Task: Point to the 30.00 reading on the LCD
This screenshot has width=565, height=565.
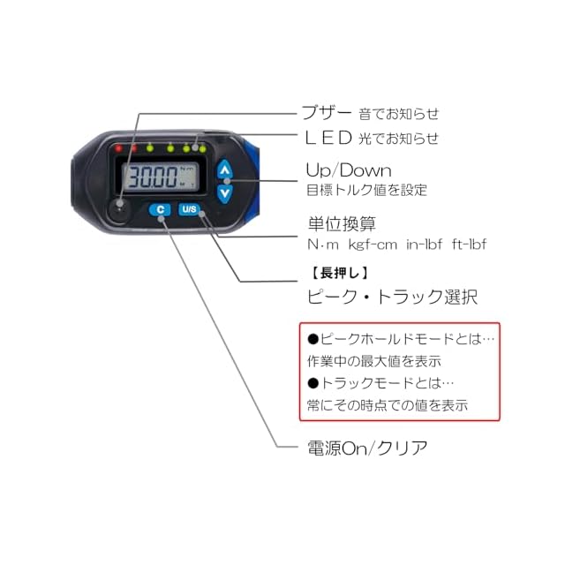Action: pyautogui.click(x=152, y=177)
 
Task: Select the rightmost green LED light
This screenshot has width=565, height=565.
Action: pyautogui.click(x=203, y=147)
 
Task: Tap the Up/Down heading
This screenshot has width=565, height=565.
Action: pyautogui.click(x=348, y=169)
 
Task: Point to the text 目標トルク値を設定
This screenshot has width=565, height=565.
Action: pyautogui.click(x=365, y=189)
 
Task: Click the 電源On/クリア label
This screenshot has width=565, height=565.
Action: pyautogui.click(x=365, y=448)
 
